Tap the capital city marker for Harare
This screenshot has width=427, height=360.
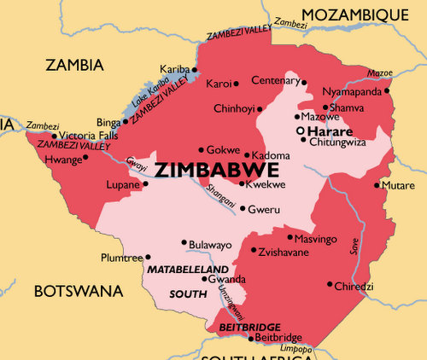click(300, 131)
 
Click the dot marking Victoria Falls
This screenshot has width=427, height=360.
click(55, 136)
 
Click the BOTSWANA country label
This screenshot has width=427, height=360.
click(79, 292)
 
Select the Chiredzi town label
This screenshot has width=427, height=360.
click(354, 286)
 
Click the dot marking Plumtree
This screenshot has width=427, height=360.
click(148, 257)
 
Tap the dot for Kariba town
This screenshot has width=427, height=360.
click(195, 69)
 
